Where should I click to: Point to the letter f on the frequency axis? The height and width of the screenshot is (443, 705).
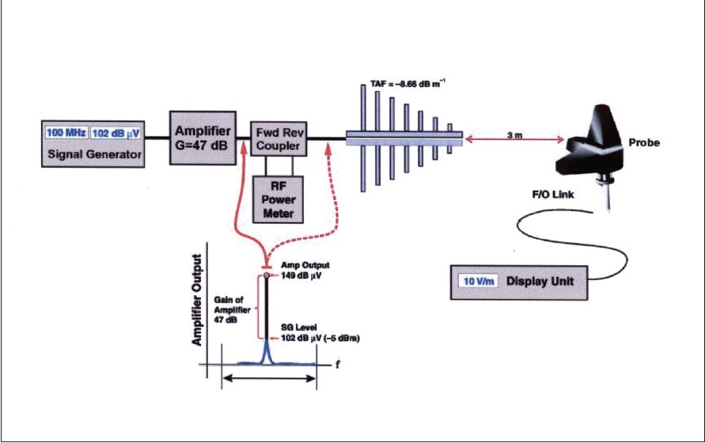(336, 365)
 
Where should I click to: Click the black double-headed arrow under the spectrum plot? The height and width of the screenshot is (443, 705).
(269, 380)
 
